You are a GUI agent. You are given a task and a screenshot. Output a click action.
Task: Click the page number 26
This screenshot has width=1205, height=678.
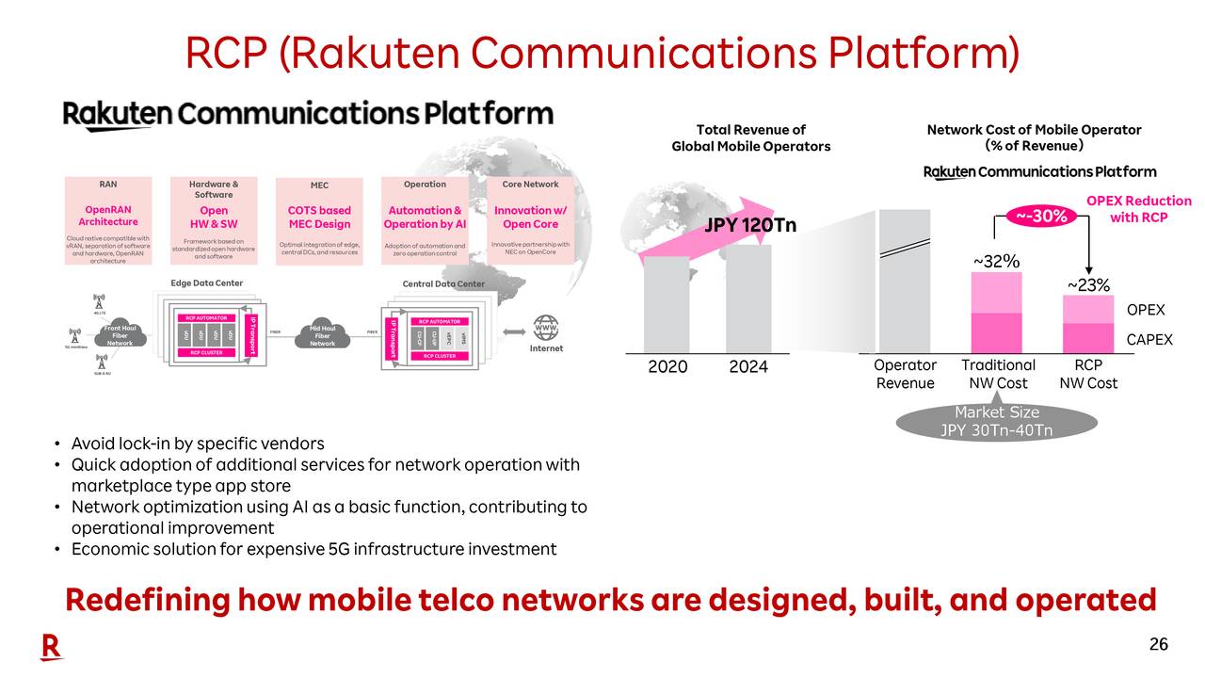coord(1158,644)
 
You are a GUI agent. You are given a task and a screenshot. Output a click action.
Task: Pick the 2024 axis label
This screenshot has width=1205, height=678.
coord(748,366)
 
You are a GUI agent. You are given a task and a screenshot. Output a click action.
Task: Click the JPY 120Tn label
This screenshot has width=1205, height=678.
coord(750,225)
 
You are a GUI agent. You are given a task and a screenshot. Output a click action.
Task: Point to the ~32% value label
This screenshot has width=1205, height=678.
coord(996,261)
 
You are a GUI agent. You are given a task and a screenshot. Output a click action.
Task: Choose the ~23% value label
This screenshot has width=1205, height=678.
coord(1087,284)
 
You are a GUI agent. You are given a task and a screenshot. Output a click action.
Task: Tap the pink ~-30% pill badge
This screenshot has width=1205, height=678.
coord(1041,216)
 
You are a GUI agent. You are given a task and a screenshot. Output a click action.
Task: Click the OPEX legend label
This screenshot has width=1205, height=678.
coord(1146,310)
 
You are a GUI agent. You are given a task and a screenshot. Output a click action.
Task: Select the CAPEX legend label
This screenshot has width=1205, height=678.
coord(1149,339)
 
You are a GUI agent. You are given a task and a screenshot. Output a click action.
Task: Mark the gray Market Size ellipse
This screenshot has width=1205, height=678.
coord(996,422)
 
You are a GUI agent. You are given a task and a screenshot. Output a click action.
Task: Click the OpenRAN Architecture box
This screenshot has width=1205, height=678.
coord(108,219)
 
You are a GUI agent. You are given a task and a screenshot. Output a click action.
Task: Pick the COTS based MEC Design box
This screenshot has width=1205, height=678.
coord(319,219)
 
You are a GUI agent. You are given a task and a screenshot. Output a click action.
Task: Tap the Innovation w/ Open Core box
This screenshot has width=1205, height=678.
coord(530,219)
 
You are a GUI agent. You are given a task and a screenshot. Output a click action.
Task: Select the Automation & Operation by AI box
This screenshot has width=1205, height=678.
coord(425,219)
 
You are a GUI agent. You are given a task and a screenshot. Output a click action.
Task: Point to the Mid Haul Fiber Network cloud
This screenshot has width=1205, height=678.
coord(322,335)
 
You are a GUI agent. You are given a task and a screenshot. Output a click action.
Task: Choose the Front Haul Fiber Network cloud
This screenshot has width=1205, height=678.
coord(120,335)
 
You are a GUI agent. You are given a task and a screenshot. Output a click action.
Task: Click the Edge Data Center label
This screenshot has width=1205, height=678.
coord(206,282)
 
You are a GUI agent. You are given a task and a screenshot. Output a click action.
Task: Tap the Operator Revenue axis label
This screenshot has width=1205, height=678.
coord(904,374)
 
